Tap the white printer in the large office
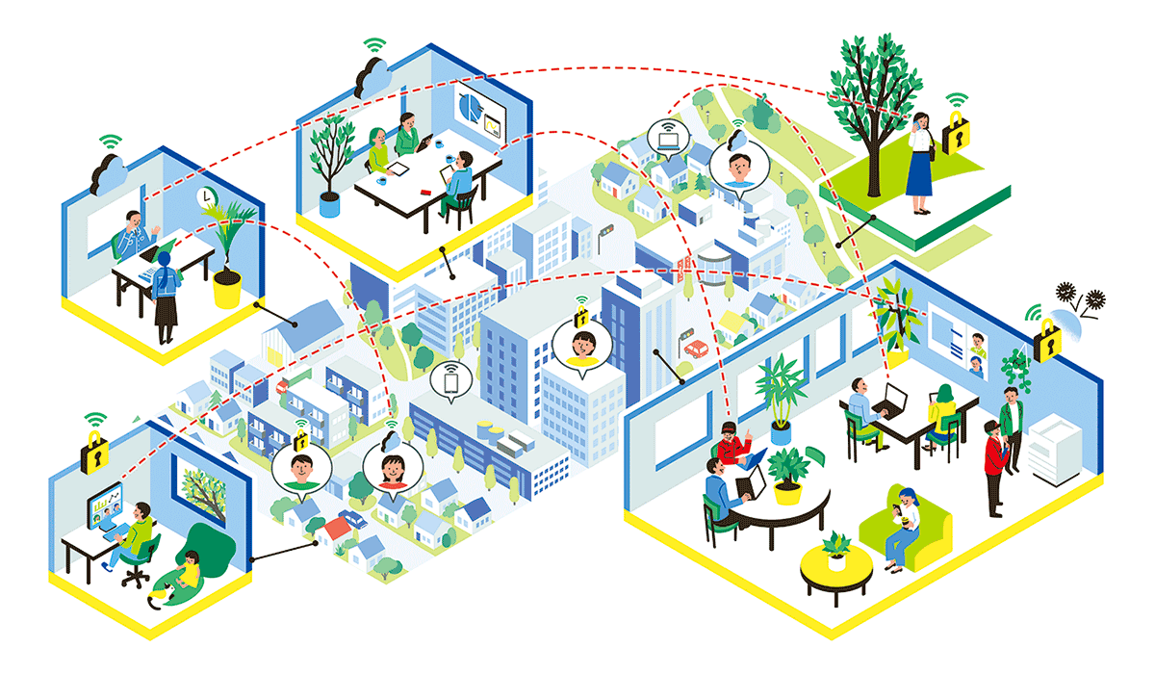(1064, 451)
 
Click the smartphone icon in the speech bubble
(449, 381)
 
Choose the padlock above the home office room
(93, 451)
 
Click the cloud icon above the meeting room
(369, 77)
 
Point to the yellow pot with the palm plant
(227, 288)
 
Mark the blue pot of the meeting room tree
(329, 204)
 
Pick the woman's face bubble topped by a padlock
(581, 344)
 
